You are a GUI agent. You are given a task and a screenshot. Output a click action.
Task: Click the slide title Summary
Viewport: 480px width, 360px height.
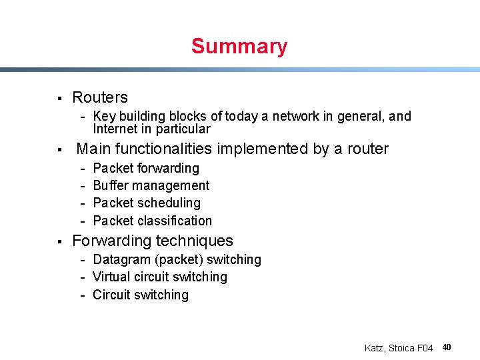(239, 47)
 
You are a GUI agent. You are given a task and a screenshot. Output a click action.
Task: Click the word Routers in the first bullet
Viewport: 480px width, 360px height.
(99, 97)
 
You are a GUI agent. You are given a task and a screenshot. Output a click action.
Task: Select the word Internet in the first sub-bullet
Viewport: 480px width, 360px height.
(115, 129)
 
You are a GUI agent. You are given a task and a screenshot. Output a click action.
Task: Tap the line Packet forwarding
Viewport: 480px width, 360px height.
(146, 168)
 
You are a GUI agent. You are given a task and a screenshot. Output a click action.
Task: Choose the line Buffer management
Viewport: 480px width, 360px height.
(151, 185)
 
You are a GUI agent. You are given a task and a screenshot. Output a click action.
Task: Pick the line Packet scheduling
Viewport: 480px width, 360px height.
(146, 203)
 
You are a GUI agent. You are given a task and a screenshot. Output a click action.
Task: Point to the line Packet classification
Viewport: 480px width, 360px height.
(152, 221)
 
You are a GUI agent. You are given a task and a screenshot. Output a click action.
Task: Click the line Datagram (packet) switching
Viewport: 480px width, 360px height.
(177, 259)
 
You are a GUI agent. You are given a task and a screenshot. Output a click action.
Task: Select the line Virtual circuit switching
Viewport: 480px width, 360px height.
(159, 277)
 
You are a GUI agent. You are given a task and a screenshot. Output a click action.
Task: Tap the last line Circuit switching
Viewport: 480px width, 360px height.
(140, 295)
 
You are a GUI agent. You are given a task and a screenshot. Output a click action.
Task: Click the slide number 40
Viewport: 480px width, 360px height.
(447, 347)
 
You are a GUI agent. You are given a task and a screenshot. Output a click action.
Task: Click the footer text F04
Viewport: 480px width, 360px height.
(423, 348)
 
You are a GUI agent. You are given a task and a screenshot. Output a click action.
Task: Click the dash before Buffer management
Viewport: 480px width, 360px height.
(83, 186)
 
